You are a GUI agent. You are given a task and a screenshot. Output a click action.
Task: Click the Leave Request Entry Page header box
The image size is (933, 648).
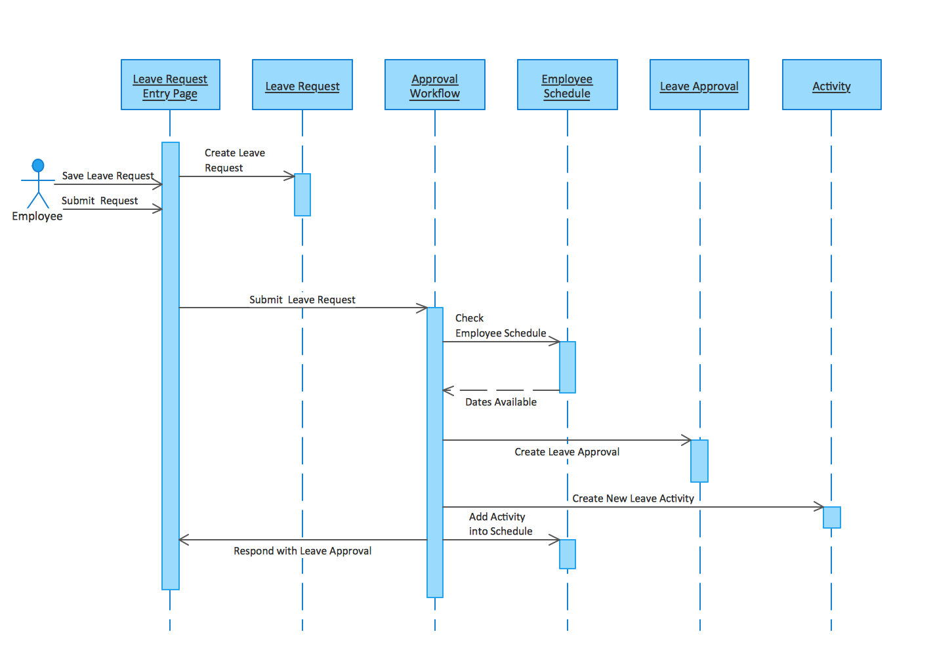(x=170, y=85)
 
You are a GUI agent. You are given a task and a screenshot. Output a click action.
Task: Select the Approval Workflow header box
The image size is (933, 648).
(x=434, y=85)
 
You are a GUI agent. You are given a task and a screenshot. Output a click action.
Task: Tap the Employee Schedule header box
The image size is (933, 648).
(x=567, y=85)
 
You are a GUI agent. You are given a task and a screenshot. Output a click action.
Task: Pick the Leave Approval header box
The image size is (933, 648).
(x=699, y=85)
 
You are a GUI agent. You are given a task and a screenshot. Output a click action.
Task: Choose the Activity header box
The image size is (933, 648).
(x=831, y=85)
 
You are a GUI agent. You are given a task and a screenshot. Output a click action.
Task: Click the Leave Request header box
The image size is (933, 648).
(x=302, y=85)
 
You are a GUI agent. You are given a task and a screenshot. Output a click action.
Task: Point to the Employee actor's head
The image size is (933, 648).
(x=38, y=165)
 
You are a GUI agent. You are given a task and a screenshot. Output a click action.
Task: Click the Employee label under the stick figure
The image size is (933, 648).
(x=37, y=216)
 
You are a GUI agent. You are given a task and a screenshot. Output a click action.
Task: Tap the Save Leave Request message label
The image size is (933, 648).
(x=108, y=176)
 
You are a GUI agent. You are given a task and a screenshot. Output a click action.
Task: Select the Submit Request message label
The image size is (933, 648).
(x=100, y=201)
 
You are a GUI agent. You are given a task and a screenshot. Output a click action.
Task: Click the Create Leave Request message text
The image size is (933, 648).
(x=234, y=160)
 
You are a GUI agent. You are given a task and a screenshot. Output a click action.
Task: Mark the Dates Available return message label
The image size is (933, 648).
(x=501, y=402)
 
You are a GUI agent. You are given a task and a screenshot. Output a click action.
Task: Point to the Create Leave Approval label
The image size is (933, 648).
(x=567, y=452)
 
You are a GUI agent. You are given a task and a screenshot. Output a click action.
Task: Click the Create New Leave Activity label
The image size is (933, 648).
(x=632, y=498)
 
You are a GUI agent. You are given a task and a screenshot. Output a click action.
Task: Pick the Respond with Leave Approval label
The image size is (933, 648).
(x=302, y=551)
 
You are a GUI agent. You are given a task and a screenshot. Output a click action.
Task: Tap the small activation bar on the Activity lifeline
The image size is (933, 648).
(x=831, y=517)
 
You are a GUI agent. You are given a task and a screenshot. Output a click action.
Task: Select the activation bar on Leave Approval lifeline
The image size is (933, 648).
(x=699, y=461)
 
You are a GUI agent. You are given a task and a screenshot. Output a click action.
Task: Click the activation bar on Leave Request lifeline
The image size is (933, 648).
(x=302, y=195)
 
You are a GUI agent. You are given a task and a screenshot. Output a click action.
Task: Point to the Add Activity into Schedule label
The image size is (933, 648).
(x=500, y=524)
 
